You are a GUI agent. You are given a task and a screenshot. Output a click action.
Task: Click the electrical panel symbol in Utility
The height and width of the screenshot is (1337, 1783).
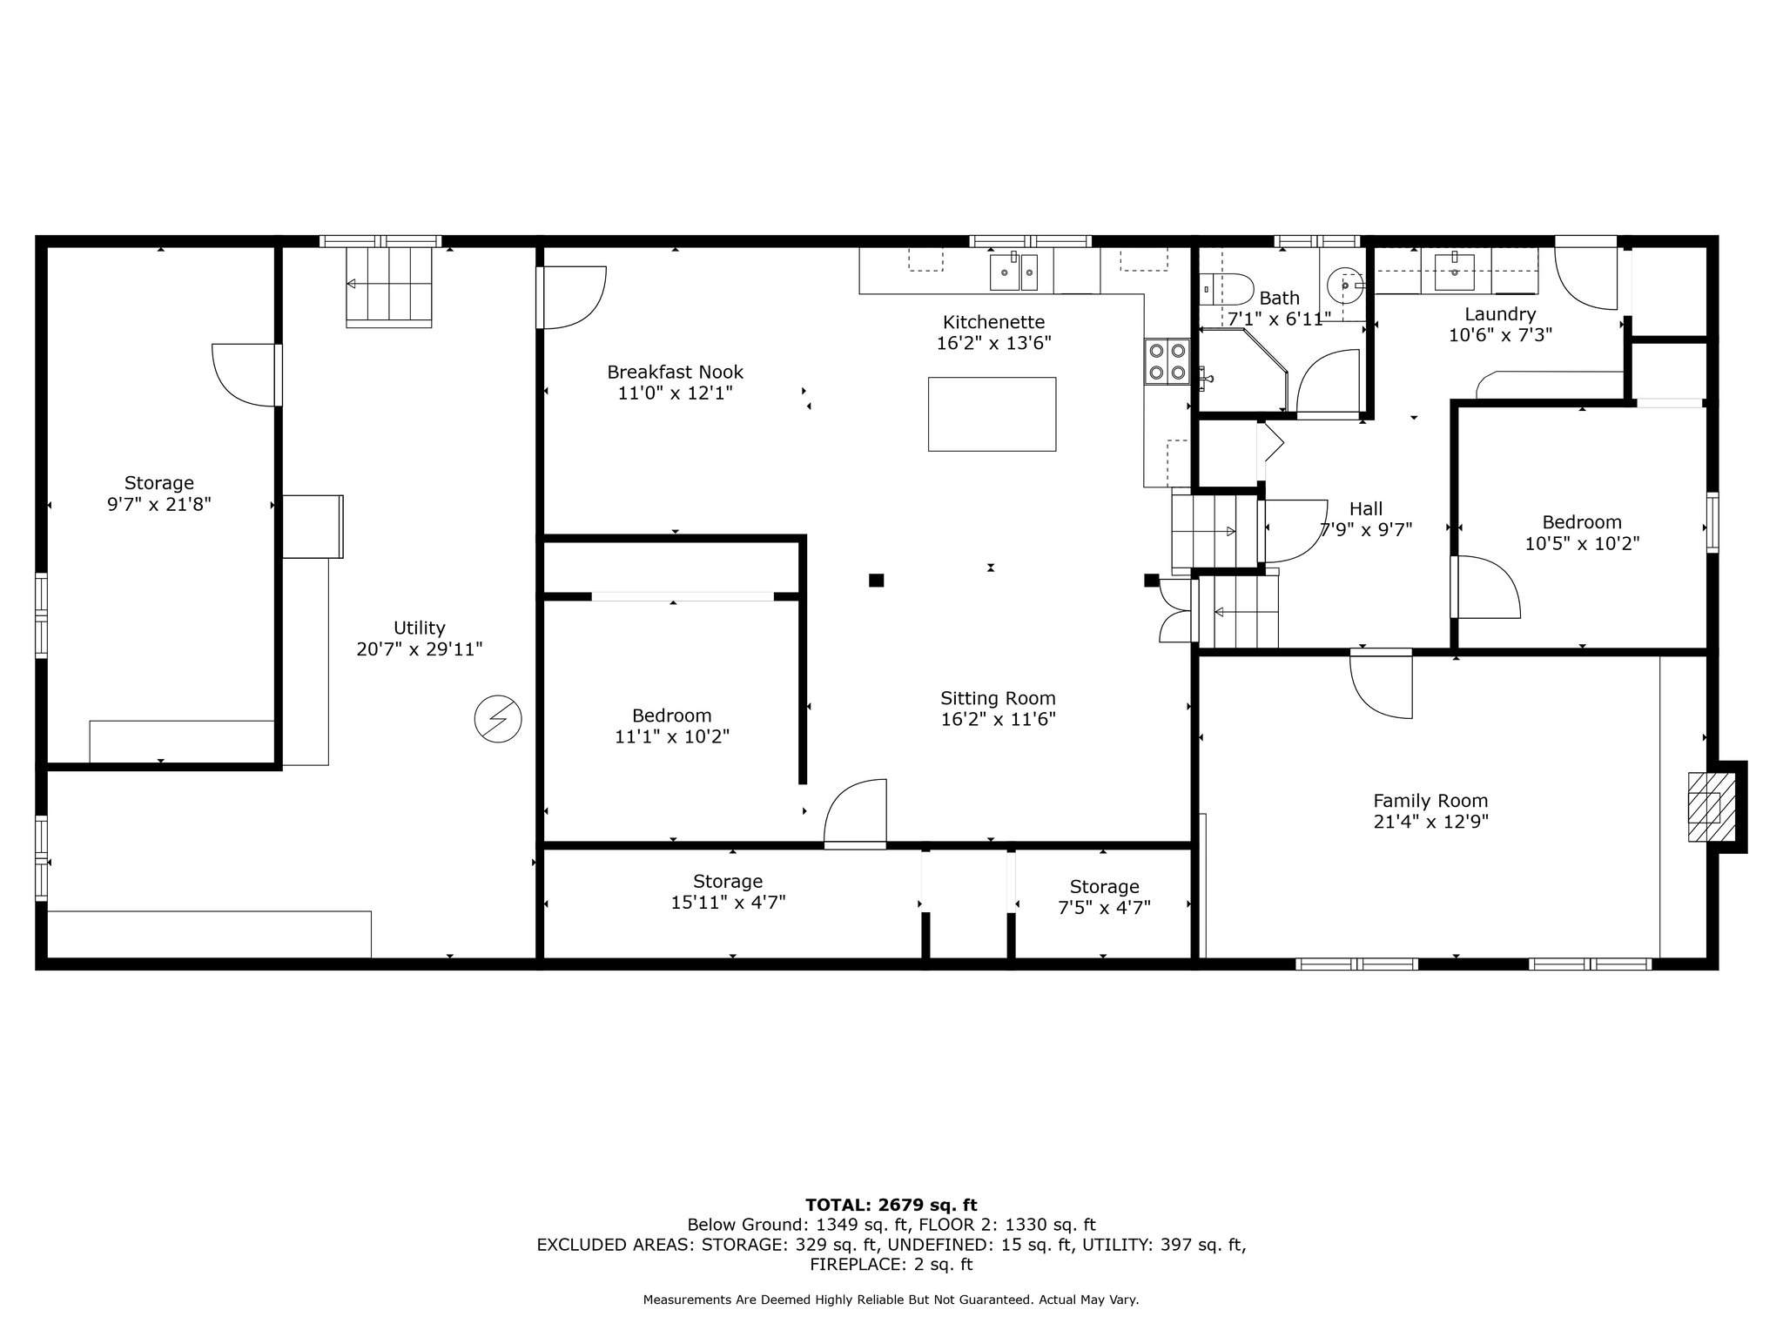coord(498,719)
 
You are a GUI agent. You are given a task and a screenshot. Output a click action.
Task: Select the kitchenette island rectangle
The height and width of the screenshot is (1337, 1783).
coord(992,414)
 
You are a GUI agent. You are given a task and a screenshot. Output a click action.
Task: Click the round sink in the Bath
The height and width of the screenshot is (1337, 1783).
coord(1346,285)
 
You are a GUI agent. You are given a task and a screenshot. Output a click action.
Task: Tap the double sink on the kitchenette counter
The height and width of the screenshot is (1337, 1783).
coord(1014,272)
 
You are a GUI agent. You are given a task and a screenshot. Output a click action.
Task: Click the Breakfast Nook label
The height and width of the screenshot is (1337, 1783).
coord(675,373)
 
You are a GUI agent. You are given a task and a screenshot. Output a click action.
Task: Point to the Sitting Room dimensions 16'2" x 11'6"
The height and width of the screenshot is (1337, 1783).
coord(998,719)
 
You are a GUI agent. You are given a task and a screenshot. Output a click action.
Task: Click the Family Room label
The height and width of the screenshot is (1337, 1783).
coord(1430,801)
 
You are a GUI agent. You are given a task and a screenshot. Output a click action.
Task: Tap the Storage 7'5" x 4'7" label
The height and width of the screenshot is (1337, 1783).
coord(1104,897)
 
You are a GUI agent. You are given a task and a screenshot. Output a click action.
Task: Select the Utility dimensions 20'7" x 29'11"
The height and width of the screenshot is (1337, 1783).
coord(420,648)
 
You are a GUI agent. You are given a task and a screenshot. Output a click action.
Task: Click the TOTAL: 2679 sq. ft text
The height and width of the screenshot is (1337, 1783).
coord(891,1206)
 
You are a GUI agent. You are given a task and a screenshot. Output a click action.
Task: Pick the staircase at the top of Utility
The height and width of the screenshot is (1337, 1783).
coord(389,286)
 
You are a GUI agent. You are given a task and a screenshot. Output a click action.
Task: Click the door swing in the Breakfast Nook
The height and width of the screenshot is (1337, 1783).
coord(571,298)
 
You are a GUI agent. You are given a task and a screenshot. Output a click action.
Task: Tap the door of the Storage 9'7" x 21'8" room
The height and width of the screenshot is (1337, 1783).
coord(247,375)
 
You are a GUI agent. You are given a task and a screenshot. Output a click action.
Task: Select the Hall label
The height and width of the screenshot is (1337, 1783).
coord(1366,509)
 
